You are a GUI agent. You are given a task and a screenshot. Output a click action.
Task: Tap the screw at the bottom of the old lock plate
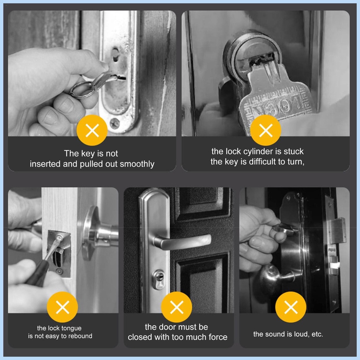click(x=115, y=123)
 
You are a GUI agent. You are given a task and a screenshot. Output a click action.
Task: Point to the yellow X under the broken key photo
click(x=266, y=130)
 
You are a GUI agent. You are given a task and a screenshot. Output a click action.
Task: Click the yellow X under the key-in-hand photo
click(x=92, y=130)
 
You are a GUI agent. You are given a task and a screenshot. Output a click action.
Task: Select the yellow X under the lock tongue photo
click(x=63, y=307)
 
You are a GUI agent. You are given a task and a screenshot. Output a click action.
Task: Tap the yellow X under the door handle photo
click(x=176, y=307)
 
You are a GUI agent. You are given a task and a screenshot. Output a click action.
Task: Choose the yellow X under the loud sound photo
click(x=291, y=307)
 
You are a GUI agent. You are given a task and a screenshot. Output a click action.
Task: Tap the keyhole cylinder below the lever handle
click(x=159, y=279)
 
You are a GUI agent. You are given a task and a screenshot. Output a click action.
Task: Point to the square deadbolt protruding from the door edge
click(x=337, y=231)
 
